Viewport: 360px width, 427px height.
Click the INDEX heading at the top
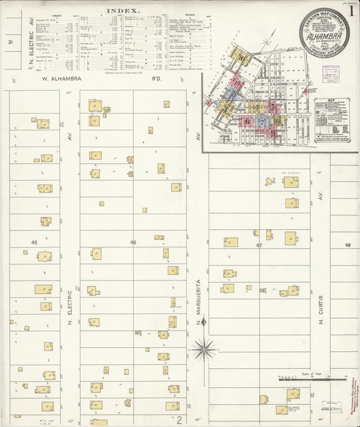[122, 11]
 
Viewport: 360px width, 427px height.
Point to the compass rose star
[202, 349]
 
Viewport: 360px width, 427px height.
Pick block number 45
[34, 241]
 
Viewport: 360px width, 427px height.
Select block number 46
[133, 242]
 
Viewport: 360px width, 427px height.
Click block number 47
[259, 245]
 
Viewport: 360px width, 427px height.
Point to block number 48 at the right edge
[348, 245]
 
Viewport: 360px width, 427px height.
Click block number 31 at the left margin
[10, 43]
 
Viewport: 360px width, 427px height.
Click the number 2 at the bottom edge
[180, 420]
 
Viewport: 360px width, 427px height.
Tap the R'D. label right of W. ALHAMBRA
[157, 79]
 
